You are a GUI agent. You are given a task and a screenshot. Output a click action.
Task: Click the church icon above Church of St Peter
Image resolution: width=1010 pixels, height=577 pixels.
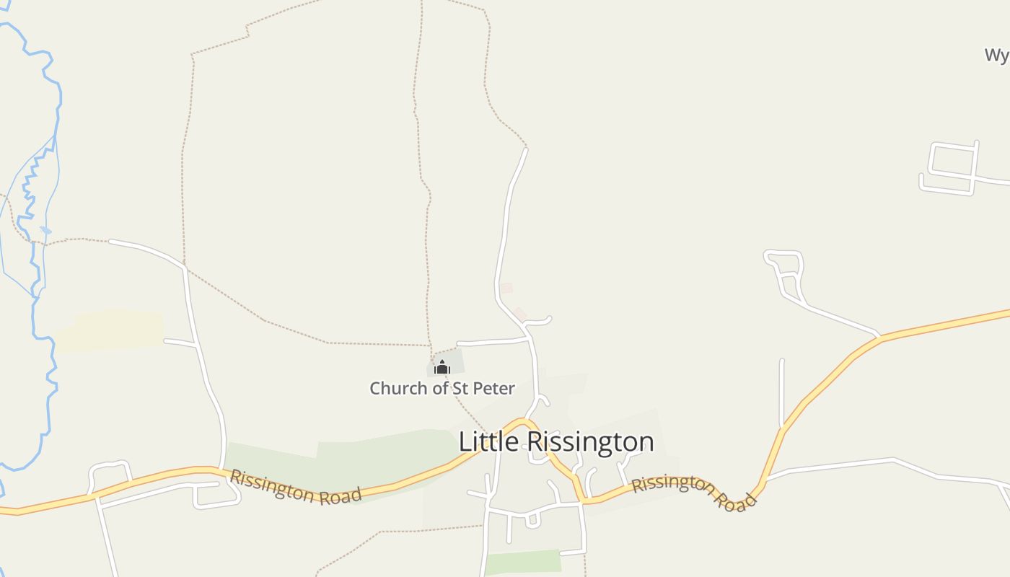point(442,367)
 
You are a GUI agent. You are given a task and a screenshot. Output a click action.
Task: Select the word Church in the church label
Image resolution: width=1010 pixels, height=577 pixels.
point(398,388)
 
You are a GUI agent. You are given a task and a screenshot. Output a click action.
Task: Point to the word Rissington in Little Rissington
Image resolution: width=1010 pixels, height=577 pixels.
point(591,441)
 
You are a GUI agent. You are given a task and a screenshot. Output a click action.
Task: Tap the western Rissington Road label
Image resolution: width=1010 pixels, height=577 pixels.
point(295,487)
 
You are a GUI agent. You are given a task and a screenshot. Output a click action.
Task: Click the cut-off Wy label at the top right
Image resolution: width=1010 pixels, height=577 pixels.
point(996,55)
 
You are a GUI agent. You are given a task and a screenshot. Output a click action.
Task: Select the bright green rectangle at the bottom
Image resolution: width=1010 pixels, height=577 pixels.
point(522,562)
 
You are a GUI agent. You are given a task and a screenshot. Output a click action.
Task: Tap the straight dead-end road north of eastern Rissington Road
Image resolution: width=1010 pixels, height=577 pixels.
point(782,393)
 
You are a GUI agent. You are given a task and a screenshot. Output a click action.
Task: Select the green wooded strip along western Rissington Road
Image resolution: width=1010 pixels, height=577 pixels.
point(339,462)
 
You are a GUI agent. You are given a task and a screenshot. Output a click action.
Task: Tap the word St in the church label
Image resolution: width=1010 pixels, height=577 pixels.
point(460,388)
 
